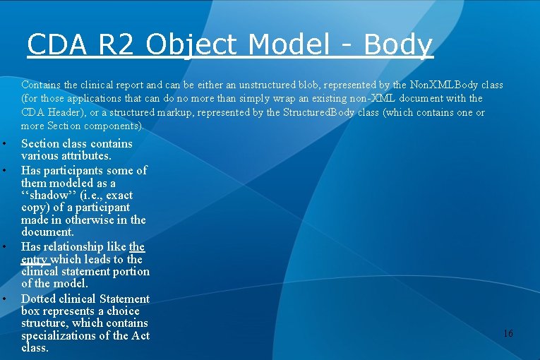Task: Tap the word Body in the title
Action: [x=397, y=44]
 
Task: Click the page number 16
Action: [x=508, y=333]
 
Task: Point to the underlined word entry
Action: [x=35, y=259]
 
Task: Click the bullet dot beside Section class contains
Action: [x=4, y=144]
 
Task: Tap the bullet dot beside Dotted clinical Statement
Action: [x=4, y=299]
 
